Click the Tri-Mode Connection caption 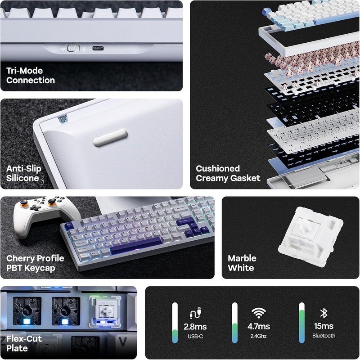coord(30,76)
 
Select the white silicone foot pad coord(110,138)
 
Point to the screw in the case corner coord(64,120)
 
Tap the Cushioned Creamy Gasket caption coord(228,173)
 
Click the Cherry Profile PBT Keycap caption coord(35,263)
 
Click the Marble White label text coord(242,263)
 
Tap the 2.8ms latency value coord(195,327)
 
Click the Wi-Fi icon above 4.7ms coord(258,313)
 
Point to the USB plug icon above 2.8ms coord(195,313)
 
